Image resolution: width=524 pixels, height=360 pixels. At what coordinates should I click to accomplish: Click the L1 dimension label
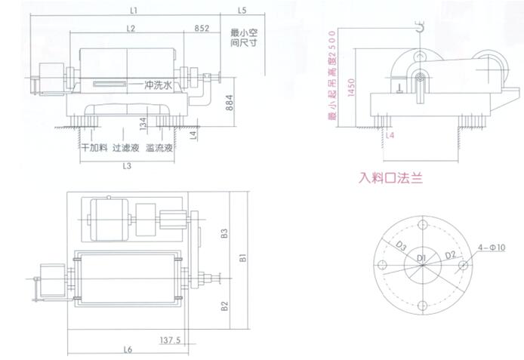click(133, 11)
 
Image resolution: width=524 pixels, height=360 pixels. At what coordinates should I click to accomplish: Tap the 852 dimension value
click(202, 28)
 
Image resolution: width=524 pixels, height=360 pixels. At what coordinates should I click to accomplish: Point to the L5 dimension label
click(242, 11)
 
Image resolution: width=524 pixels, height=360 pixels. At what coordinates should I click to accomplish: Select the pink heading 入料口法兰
click(390, 180)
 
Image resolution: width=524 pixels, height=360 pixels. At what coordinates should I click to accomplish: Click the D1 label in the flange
click(423, 259)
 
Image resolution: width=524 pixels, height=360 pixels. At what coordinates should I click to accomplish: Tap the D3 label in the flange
click(401, 247)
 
